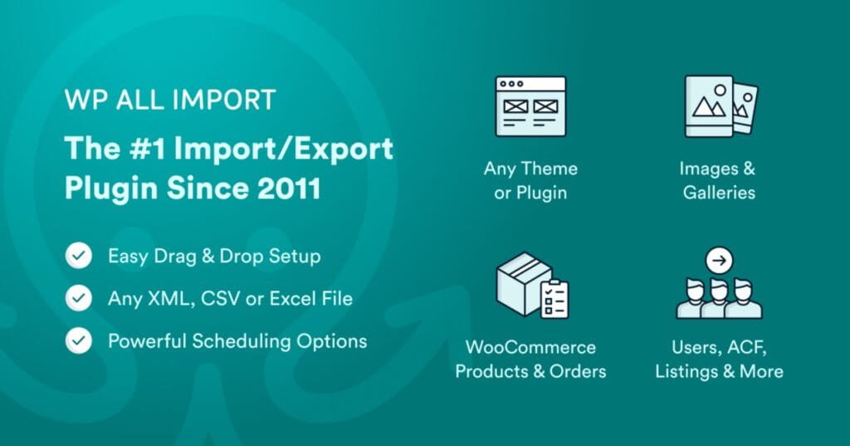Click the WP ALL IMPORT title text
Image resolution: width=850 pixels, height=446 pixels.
tap(169, 101)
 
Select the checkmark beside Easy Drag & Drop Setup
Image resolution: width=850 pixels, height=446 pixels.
tap(80, 257)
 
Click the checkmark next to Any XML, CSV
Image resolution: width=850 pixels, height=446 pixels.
tap(80, 298)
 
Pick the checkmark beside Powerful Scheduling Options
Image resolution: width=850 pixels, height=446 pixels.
tap(80, 341)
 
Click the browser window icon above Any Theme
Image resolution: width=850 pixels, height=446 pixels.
tap(530, 106)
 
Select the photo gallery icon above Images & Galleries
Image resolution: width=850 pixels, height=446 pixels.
tap(720, 106)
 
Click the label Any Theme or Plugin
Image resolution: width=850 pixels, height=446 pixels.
tap(530, 180)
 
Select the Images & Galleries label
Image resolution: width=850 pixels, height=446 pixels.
tap(719, 180)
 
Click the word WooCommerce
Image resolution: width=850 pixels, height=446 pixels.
tap(530, 346)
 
